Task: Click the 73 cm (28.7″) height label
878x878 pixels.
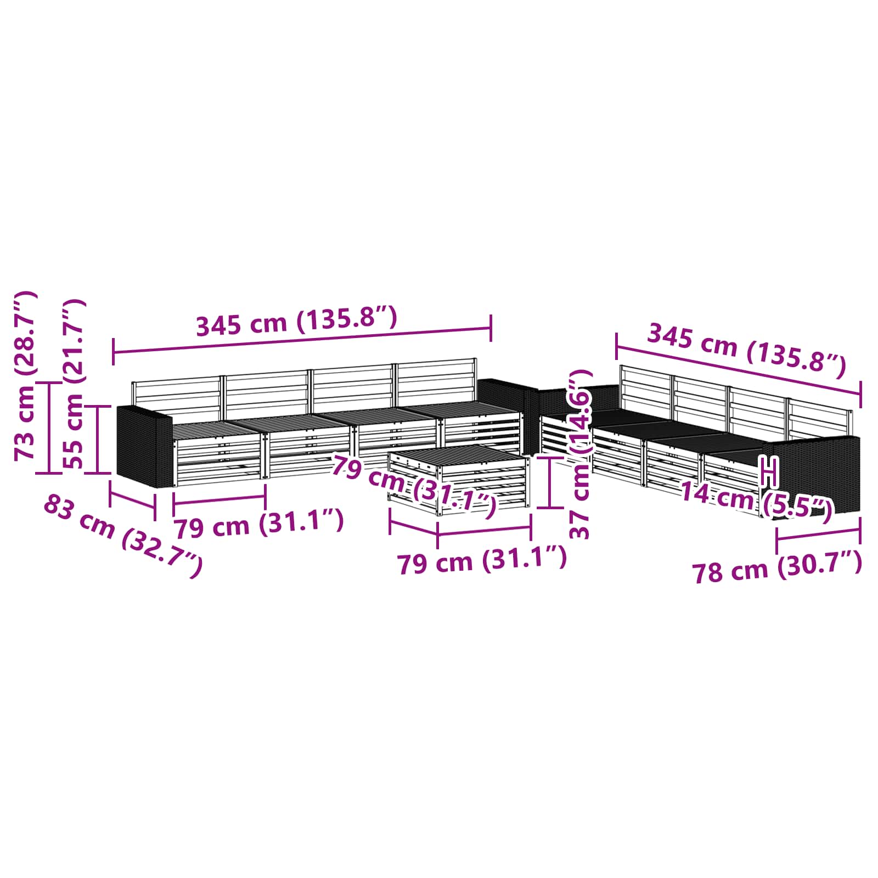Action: [x=25, y=376]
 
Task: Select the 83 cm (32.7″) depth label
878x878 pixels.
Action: [x=123, y=536]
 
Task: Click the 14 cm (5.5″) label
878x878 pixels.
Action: [x=756, y=500]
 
